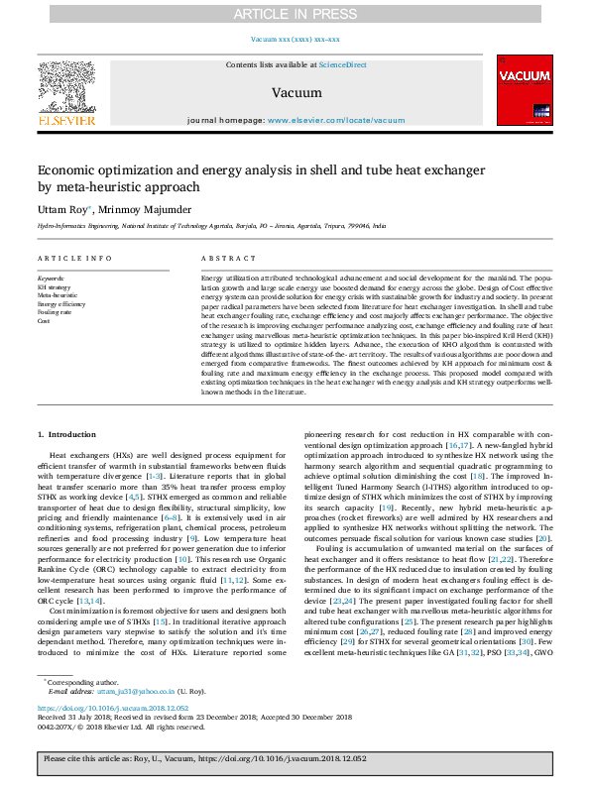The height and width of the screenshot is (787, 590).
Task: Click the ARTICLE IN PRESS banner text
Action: click(x=295, y=14)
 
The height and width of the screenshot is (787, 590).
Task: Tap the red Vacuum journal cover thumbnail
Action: click(x=523, y=90)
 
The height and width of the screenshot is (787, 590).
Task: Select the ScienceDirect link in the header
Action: click(x=342, y=64)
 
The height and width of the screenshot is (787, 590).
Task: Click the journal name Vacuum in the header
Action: click(x=295, y=92)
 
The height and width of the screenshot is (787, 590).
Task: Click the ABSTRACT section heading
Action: click(x=222, y=258)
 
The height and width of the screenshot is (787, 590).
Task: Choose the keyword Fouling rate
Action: click(x=55, y=312)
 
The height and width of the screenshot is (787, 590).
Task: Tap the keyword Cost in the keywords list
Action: click(x=44, y=321)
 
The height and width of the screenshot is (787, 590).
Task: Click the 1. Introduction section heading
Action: click(x=68, y=435)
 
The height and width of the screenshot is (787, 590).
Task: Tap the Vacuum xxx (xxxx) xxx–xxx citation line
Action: click(x=295, y=40)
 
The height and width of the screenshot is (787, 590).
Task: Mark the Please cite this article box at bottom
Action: click(x=295, y=759)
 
